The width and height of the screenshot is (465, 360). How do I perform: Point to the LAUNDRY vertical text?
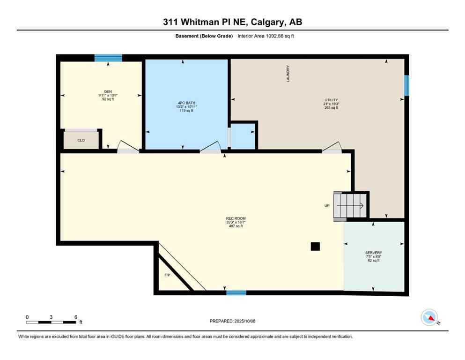tap(288, 74)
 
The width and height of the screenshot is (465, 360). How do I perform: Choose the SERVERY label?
tap(373, 253)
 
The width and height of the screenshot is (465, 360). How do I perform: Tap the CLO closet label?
tap(81, 140)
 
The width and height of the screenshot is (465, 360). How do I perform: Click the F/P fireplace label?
tap(167, 275)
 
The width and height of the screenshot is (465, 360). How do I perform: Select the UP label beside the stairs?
tap(326, 206)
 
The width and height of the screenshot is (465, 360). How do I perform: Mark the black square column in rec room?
tap(316, 246)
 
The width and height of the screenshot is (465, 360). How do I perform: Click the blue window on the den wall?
tap(108, 58)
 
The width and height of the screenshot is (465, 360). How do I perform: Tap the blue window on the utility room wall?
tap(406, 85)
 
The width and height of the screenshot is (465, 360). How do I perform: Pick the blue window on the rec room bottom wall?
tap(236, 293)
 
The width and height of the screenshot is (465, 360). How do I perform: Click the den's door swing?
tap(128, 147)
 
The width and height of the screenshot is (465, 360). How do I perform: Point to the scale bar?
tap(52, 322)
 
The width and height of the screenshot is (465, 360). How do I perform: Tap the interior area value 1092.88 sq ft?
tap(266, 36)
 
